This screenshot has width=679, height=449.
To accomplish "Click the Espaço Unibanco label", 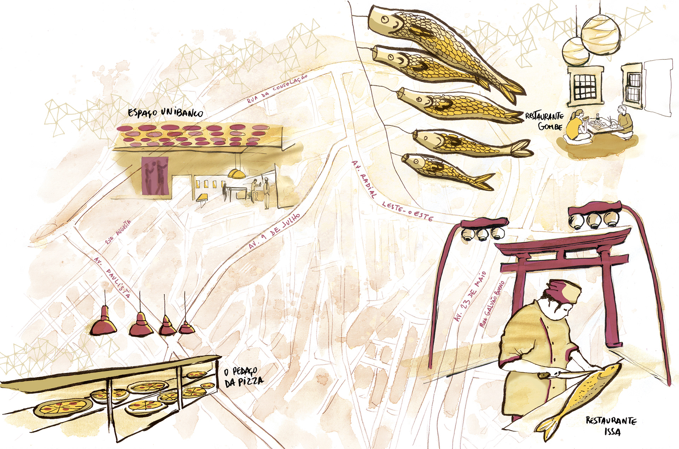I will click(166, 113).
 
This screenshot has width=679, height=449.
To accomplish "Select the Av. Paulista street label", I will click(112, 278).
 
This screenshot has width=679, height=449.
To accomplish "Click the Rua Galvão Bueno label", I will click(492, 304).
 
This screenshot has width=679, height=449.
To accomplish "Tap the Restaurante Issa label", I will click(611, 426).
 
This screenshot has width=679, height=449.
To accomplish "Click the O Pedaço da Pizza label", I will click(244, 376).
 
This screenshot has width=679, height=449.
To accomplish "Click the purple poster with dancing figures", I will click(155, 176).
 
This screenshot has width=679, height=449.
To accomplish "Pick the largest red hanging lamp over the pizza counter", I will click(104, 323).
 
